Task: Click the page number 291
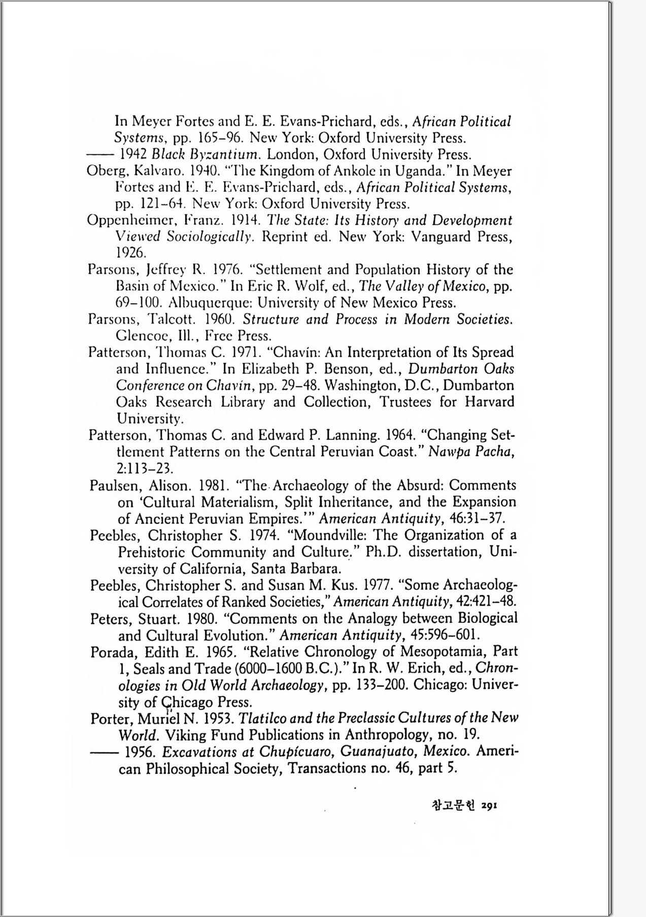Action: click(489, 806)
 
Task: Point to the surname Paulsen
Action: click(114, 486)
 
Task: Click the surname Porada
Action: click(114, 652)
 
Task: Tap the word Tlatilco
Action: click(263, 719)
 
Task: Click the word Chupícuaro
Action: click(295, 752)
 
